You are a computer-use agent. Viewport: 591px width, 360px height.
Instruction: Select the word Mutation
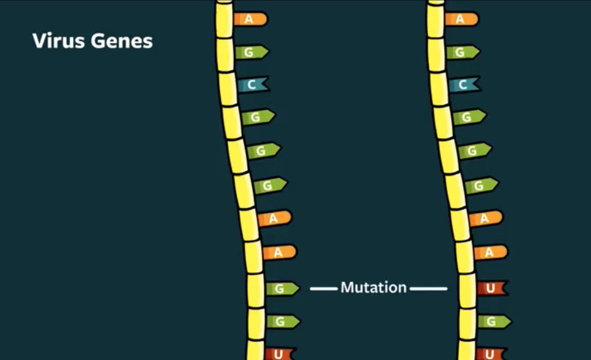[x=373, y=287]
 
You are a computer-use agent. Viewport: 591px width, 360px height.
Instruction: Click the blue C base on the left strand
[x=252, y=85]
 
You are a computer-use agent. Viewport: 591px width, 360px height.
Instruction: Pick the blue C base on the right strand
[x=463, y=85]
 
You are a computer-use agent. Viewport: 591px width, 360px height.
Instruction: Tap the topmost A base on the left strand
[x=250, y=19]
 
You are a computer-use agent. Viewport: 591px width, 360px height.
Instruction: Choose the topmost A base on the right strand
[x=461, y=19]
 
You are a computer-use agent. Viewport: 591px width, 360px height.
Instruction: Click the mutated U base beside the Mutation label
[x=491, y=288]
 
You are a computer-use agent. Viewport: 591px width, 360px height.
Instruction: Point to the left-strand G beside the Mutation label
[x=281, y=289]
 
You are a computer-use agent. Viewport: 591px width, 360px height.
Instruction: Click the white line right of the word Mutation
[x=428, y=289]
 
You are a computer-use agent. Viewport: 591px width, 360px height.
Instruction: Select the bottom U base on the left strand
[x=279, y=354]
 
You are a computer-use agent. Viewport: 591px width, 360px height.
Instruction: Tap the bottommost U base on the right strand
[x=490, y=354]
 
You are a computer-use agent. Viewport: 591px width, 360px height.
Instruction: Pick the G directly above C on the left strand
[x=251, y=52]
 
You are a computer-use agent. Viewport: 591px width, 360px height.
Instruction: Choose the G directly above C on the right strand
[x=461, y=52]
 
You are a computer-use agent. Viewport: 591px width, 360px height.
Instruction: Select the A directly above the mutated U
[x=490, y=252]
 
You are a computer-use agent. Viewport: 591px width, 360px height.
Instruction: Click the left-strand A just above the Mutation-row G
[x=279, y=252]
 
